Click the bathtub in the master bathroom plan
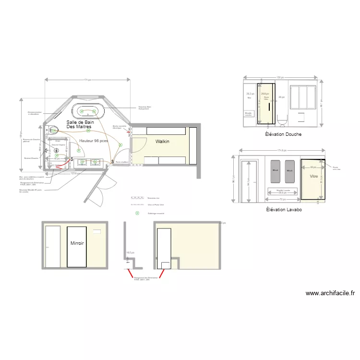(x=88, y=110)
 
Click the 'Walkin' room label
(x=162, y=142)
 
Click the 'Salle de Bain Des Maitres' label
(x=80, y=124)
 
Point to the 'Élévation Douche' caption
(x=283, y=134)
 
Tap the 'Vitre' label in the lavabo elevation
(x=314, y=177)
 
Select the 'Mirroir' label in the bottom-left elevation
(x=77, y=243)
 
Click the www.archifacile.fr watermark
(x=330, y=293)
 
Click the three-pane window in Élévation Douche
(x=301, y=97)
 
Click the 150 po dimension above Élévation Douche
(x=280, y=77)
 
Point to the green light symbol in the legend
(x=137, y=213)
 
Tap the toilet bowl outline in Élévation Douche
(x=282, y=120)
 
